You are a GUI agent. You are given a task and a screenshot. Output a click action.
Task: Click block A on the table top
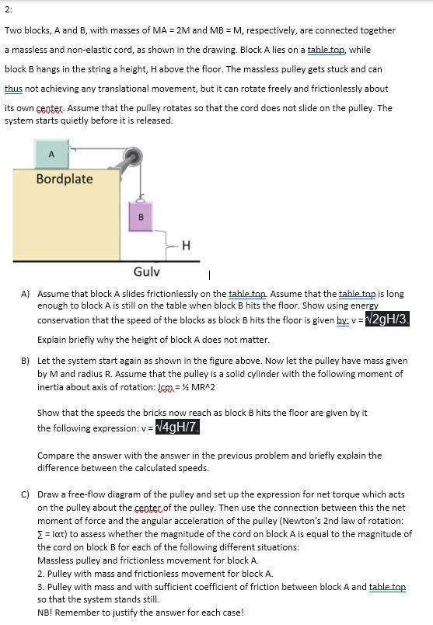[51, 154]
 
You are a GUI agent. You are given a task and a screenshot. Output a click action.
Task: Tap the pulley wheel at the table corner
[137, 155]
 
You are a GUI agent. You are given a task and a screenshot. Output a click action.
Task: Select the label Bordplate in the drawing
[65, 179]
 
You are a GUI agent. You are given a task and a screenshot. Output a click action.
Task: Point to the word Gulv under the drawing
[146, 271]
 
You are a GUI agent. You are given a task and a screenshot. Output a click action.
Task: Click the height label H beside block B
[185, 246]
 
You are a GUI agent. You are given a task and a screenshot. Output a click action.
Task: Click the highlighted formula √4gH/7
[178, 428]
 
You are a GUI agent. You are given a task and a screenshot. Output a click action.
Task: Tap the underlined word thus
[13, 89]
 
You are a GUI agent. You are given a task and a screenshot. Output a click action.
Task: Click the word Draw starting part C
[49, 494]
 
